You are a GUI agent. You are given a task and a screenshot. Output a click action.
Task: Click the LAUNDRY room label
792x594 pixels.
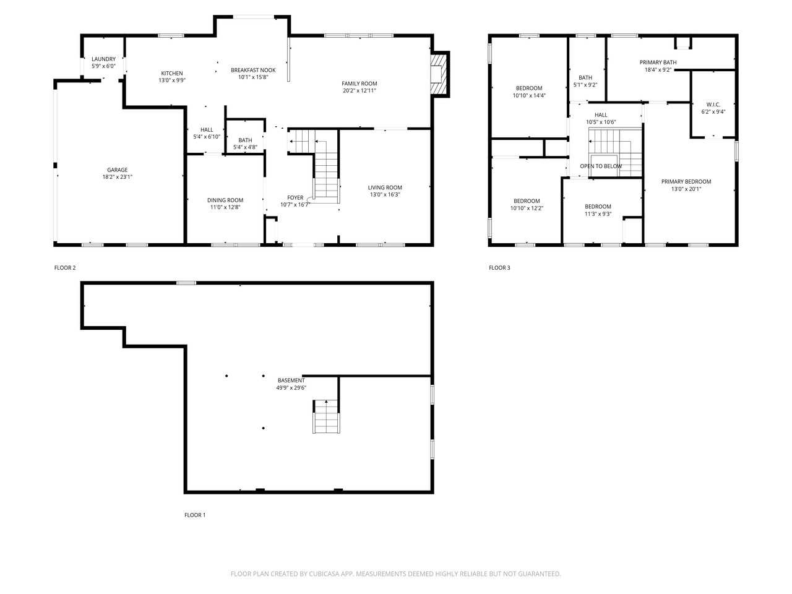tap(103, 59)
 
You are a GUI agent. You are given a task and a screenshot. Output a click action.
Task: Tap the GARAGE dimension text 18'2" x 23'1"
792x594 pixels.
tap(118, 176)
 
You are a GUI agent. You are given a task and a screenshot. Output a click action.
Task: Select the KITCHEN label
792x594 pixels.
tap(172, 73)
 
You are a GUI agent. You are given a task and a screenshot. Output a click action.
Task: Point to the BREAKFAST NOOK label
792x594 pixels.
tap(253, 70)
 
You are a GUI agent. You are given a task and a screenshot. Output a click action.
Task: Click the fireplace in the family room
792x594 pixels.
tap(439, 74)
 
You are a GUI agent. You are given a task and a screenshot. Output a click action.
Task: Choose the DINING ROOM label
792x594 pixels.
tap(225, 200)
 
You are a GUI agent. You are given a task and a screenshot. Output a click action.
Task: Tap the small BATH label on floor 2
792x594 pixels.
tap(245, 140)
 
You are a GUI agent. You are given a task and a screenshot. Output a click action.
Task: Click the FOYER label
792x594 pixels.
tap(295, 197)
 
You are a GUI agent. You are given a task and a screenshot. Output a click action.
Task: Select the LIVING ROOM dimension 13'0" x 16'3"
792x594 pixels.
tap(385, 194)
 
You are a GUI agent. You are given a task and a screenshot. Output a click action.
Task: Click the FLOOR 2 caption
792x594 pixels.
tap(65, 268)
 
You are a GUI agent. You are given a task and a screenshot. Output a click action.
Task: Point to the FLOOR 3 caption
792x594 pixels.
tap(499, 268)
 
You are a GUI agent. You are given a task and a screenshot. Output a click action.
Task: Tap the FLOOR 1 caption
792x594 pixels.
tap(195, 515)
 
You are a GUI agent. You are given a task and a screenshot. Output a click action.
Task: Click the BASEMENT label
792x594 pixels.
tap(291, 381)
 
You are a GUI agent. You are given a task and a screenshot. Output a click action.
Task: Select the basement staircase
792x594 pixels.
tap(326, 417)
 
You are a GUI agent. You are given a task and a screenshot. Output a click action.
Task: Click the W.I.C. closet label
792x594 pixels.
tap(713, 105)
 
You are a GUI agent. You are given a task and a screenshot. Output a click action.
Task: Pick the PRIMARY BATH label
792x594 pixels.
tap(658, 62)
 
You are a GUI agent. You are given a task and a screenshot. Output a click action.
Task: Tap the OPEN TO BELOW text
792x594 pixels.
tap(600, 166)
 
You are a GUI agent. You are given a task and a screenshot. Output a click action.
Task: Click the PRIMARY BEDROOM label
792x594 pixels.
tap(686, 182)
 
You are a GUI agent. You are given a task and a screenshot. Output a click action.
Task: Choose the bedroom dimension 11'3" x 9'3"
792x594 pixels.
tap(598, 214)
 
